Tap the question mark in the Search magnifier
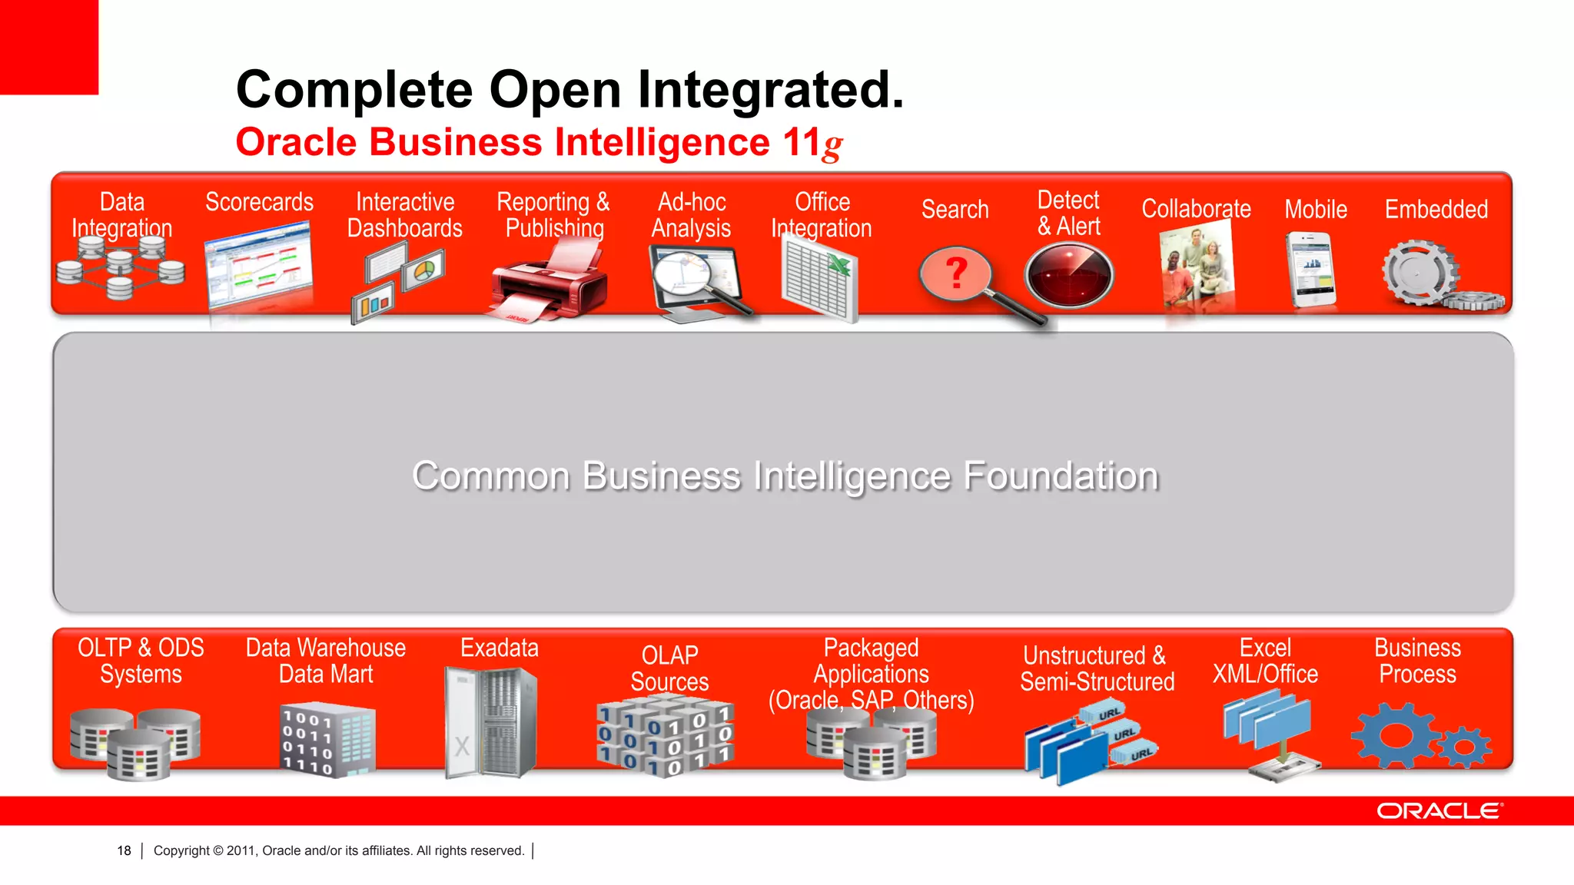click(x=955, y=273)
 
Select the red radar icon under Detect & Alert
click(x=1068, y=275)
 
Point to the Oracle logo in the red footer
click(x=1439, y=811)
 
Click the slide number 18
click(x=124, y=850)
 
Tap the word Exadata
click(x=499, y=648)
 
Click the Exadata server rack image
click(x=490, y=722)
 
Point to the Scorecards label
click(x=259, y=202)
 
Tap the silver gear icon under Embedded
click(x=1418, y=272)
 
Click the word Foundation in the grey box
click(x=1061, y=476)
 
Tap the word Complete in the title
click(x=354, y=90)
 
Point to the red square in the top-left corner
click(x=48, y=46)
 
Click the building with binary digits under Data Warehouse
click(x=326, y=739)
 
